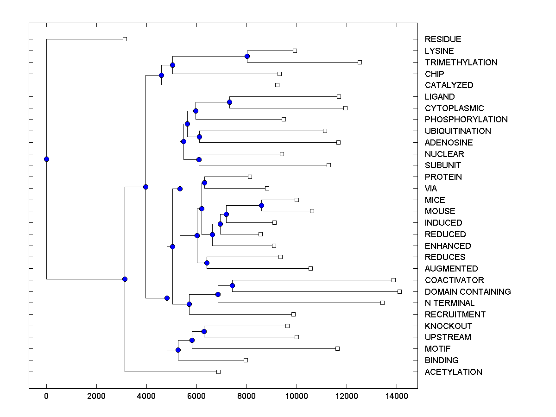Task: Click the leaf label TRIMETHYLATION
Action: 461,63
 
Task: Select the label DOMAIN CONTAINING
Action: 468,292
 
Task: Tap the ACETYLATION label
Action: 453,372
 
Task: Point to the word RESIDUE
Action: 443,39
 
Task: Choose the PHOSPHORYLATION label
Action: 466,120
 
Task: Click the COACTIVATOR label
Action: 454,280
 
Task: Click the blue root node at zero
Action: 46,159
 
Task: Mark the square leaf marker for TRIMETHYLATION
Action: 360,62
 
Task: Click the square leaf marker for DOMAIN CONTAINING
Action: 399,291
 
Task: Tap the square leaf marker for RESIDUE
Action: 125,39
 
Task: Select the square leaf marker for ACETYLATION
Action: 218,372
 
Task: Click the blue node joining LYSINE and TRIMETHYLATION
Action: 247,57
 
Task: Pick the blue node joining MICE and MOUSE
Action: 261,205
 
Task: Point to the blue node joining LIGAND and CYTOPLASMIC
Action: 229,102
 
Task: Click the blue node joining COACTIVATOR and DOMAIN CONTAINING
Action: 232,286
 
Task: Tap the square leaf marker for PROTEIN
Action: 250,177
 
